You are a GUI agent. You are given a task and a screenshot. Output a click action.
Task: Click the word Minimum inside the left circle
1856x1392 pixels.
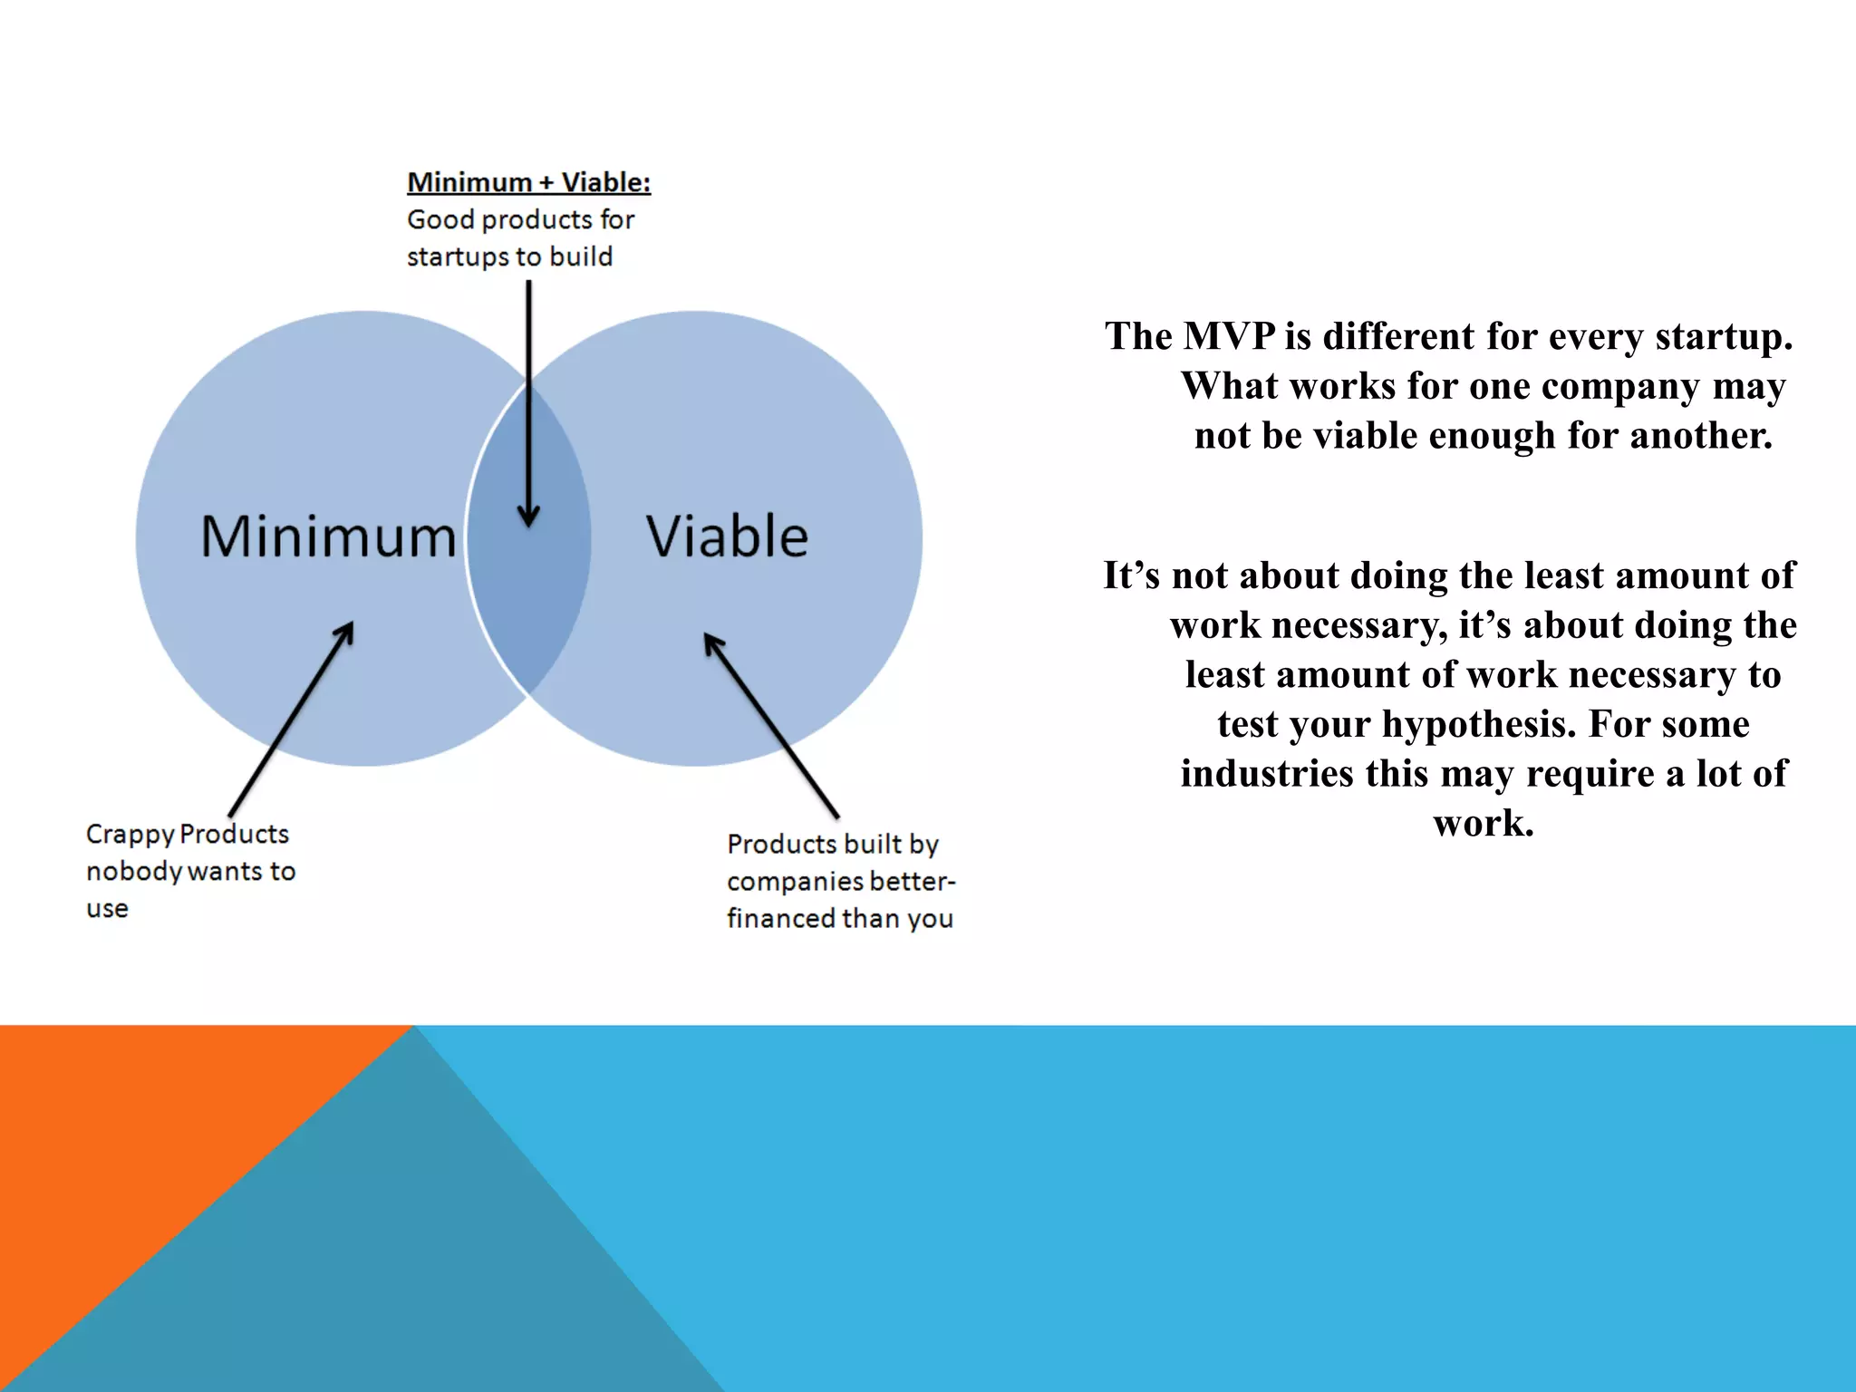point(328,536)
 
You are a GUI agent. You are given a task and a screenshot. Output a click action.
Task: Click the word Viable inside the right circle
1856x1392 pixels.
point(727,536)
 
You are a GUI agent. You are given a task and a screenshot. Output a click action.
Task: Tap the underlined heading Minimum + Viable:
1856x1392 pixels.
point(528,182)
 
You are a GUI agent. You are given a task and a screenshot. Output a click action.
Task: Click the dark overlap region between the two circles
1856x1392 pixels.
point(529,589)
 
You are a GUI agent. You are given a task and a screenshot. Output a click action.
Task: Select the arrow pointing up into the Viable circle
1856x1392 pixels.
point(771,725)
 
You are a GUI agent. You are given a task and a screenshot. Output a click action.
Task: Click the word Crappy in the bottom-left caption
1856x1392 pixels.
point(130,835)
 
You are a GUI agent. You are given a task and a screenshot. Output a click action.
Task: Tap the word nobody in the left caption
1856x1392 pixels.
point(134,872)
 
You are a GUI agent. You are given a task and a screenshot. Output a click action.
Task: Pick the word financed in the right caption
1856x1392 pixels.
point(781,919)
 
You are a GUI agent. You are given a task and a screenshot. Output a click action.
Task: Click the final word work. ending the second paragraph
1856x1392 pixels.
point(1484,823)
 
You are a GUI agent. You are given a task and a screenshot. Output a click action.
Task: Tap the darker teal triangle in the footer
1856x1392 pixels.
point(381,1269)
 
